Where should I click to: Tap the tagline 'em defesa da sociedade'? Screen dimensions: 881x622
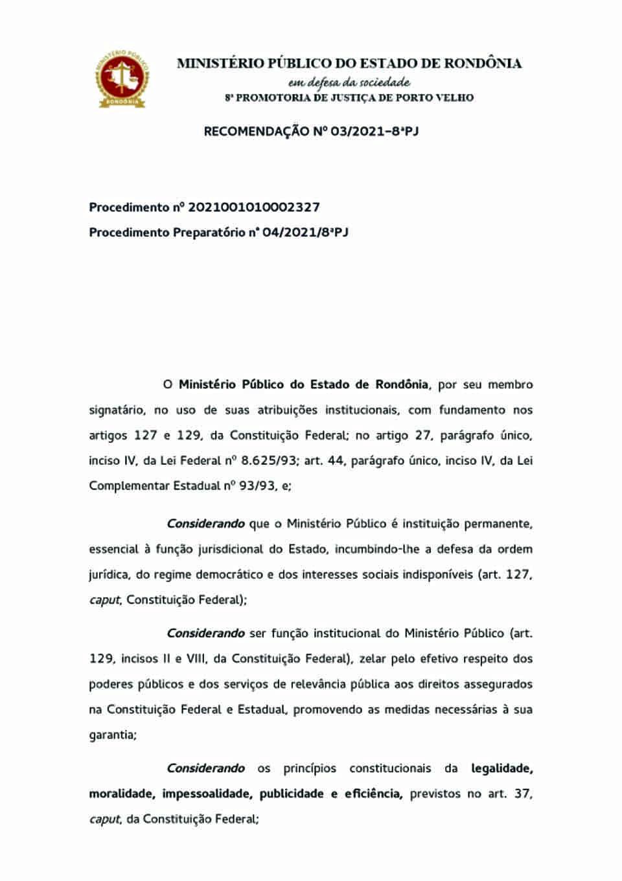(349, 82)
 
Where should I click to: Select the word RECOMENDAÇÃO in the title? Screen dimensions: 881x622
(256, 132)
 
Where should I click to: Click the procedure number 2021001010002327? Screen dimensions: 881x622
(255, 207)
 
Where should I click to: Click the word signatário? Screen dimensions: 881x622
(117, 410)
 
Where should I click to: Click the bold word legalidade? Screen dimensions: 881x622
(501, 769)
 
